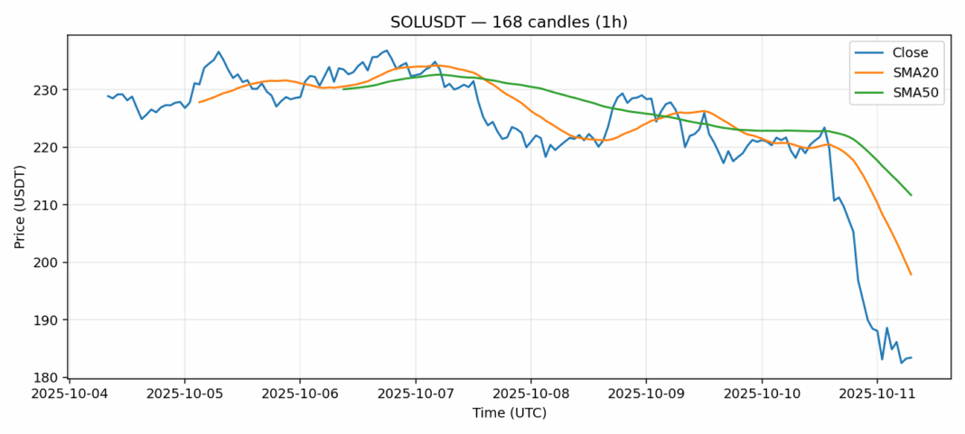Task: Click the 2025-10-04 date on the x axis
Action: click(x=70, y=394)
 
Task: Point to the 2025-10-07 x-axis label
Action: click(x=416, y=394)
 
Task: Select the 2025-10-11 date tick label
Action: click(x=876, y=394)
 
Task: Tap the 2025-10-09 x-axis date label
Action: click(x=646, y=394)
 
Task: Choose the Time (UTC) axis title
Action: click(x=509, y=413)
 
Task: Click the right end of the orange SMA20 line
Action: click(x=911, y=274)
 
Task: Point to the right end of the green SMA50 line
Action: click(x=911, y=195)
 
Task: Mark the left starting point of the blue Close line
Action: click(x=108, y=96)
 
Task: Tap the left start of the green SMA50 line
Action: click(x=343, y=89)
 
